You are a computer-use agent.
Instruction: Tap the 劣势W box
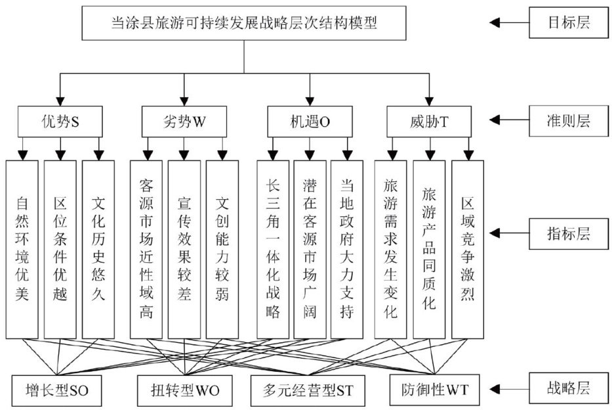[x=184, y=121]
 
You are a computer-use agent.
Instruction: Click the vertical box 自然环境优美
[x=22, y=248]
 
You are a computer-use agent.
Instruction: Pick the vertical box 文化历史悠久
[x=98, y=248]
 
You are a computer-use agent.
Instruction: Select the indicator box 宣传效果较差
[x=184, y=248]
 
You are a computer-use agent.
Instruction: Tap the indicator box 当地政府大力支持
[x=348, y=248]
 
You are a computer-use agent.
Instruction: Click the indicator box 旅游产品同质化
[x=429, y=248]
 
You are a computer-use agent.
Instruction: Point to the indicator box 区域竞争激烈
[x=467, y=248]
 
